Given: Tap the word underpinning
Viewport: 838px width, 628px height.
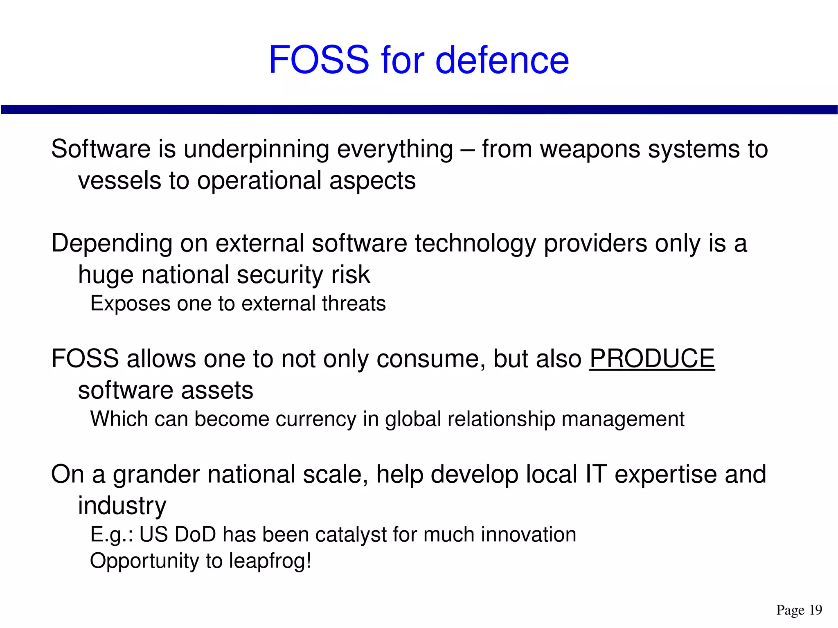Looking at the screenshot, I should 256,149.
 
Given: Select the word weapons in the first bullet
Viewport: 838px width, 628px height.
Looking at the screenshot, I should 590,149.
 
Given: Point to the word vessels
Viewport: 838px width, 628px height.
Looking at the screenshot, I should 119,180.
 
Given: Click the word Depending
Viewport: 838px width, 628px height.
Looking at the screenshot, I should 112,243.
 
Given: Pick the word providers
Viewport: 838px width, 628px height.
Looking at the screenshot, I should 595,243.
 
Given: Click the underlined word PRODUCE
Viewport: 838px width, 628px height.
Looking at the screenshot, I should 652,359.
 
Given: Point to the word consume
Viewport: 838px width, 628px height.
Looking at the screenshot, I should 431,359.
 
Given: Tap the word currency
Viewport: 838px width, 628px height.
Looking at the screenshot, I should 316,419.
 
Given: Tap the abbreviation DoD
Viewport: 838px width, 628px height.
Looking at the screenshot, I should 195,535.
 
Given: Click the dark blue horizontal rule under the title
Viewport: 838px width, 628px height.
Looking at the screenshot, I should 419,109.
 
